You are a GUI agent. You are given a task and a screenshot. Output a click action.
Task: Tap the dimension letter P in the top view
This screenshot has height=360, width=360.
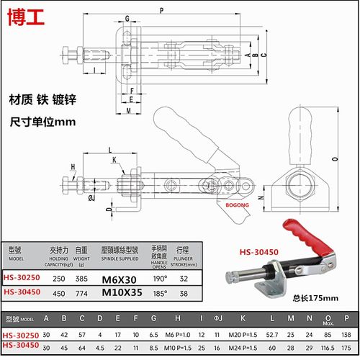click(161, 10)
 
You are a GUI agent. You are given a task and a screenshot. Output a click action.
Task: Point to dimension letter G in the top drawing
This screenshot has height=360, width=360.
click(127, 17)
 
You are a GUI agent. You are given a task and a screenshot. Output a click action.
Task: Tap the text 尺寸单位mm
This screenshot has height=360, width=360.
click(42, 121)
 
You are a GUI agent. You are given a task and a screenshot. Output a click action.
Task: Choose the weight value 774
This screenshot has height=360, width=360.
click(81, 293)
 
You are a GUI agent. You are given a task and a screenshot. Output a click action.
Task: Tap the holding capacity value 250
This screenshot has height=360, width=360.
click(58, 278)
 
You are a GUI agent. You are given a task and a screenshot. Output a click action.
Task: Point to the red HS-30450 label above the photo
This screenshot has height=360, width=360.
click(258, 251)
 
